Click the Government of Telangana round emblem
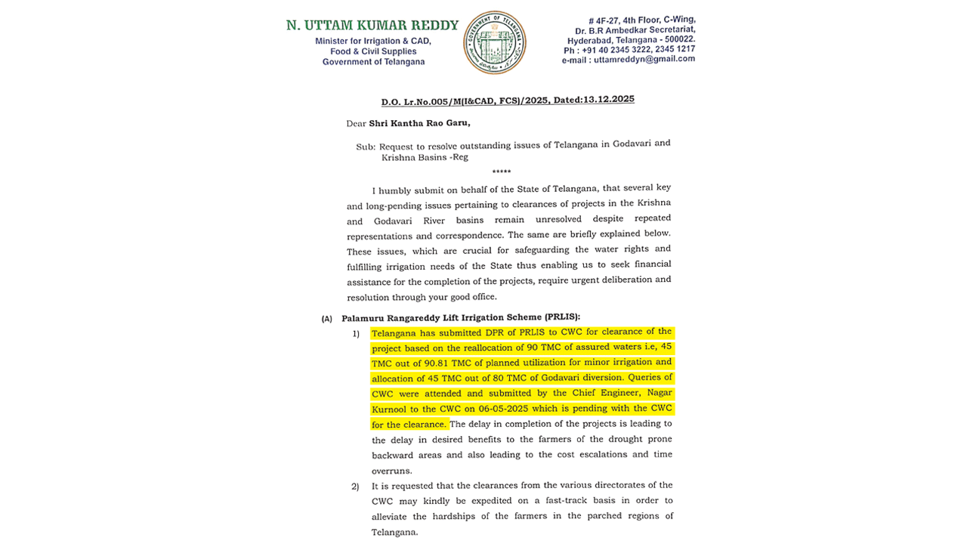[x=495, y=42]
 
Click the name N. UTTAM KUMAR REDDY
[x=372, y=25]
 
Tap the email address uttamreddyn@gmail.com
[x=644, y=59]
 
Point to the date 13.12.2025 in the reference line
[x=609, y=99]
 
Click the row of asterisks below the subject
[x=501, y=172]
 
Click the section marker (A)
[x=326, y=319]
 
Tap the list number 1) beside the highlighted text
[x=355, y=333]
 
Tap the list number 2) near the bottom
[x=355, y=486]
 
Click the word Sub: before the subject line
[x=366, y=146]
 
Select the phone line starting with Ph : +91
[x=629, y=49]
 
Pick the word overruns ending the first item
[x=391, y=470]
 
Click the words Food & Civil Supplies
[x=373, y=51]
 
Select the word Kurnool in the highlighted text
[x=390, y=409]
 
